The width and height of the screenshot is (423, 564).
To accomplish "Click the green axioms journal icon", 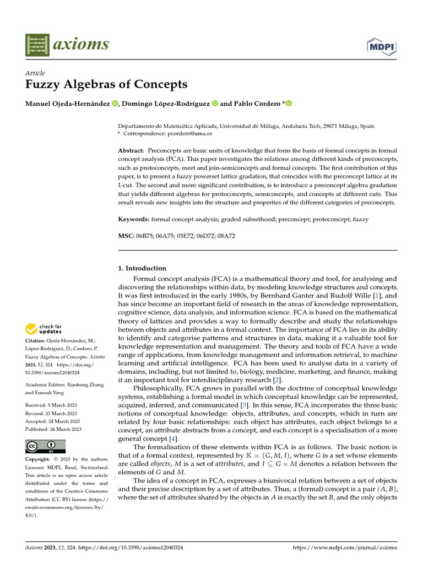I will pyautogui.click(x=36, y=44).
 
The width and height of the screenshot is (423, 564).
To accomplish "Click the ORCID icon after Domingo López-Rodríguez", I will pyautogui.click(x=215, y=104).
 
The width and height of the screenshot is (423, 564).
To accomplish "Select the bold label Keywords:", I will pyautogui.click(x=134, y=219).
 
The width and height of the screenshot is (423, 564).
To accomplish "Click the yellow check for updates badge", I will pyautogui.click(x=45, y=329).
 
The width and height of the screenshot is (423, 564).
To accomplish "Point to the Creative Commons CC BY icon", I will pyautogui.click(x=46, y=446).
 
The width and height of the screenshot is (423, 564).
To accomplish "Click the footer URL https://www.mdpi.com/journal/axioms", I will pyautogui.click(x=344, y=547).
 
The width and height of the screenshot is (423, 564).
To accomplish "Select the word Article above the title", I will pyautogui.click(x=35, y=73).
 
